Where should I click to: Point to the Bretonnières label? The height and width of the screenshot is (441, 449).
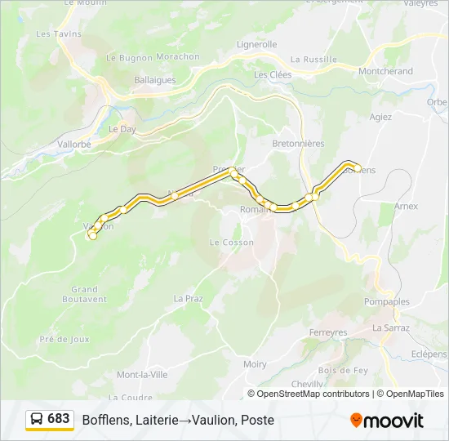coord(298,143)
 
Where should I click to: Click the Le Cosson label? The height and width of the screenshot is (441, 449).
coord(232,243)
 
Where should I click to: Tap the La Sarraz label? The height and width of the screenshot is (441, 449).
coord(390,327)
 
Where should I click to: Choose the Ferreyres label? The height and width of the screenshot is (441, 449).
coord(328,332)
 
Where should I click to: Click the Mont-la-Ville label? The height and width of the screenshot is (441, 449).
coord(142,375)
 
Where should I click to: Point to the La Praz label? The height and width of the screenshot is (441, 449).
coord(188,299)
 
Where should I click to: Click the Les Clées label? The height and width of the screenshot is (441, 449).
coord(273,74)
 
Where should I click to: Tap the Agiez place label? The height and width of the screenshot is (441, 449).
coord(380,117)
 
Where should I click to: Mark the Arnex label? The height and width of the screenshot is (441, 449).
coord(406,207)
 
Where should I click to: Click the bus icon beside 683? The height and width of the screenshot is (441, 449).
coord(38,419)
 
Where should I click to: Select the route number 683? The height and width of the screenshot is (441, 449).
coord(59,419)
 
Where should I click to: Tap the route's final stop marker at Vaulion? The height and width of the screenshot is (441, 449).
coord(92,236)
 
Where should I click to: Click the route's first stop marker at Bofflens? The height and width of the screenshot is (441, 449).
coord(358,168)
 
